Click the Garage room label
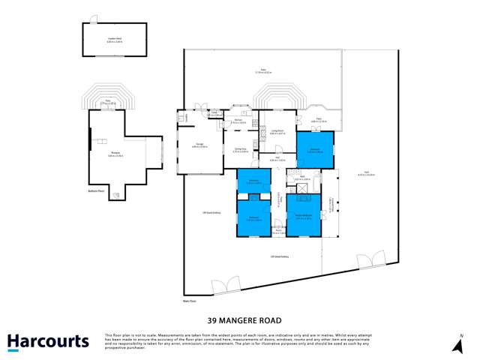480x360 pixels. [199, 145]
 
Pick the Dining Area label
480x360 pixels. [240, 151]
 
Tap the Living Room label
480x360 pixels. [277, 132]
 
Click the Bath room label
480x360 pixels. [303, 179]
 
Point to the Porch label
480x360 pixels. [277, 232]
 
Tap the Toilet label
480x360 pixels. [214, 114]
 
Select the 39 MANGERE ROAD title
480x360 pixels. [239, 318]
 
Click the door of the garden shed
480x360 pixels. [92, 19]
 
